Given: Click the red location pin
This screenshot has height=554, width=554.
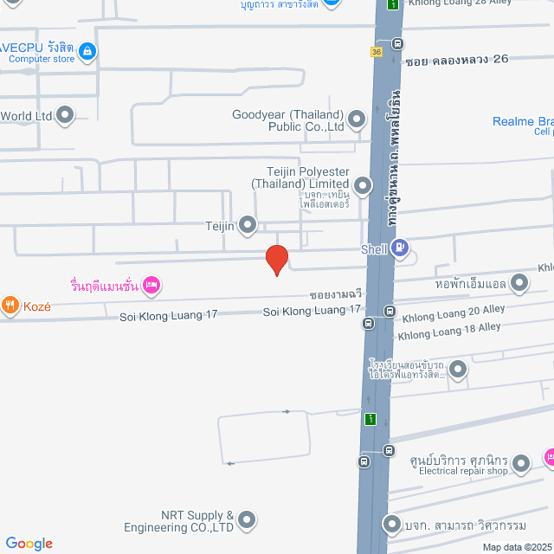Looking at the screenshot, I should point(276,259).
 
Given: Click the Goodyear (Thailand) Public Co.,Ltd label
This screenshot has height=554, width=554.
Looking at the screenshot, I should point(288,120).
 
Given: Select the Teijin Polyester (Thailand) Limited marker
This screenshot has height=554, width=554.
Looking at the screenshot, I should point(363,184).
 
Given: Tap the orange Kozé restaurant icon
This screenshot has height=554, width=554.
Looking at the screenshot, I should point(10,304).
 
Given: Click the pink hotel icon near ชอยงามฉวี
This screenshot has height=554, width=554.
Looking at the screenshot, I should point(151,284).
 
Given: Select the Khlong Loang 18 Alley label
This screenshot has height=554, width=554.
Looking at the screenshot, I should point(448,329).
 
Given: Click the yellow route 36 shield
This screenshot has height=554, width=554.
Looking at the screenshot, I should point(377,52).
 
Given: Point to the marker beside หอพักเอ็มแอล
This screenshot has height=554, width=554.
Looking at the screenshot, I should point(519,282).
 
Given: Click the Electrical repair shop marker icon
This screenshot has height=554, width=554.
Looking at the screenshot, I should point(521,466).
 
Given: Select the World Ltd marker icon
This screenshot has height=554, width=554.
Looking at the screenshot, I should point(65,114).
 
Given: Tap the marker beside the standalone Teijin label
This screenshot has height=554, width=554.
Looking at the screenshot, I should point(248,226).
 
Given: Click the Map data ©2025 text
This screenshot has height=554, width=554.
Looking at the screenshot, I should point(516,547).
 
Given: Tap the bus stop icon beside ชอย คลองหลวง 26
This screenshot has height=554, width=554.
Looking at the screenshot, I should point(397,43).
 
